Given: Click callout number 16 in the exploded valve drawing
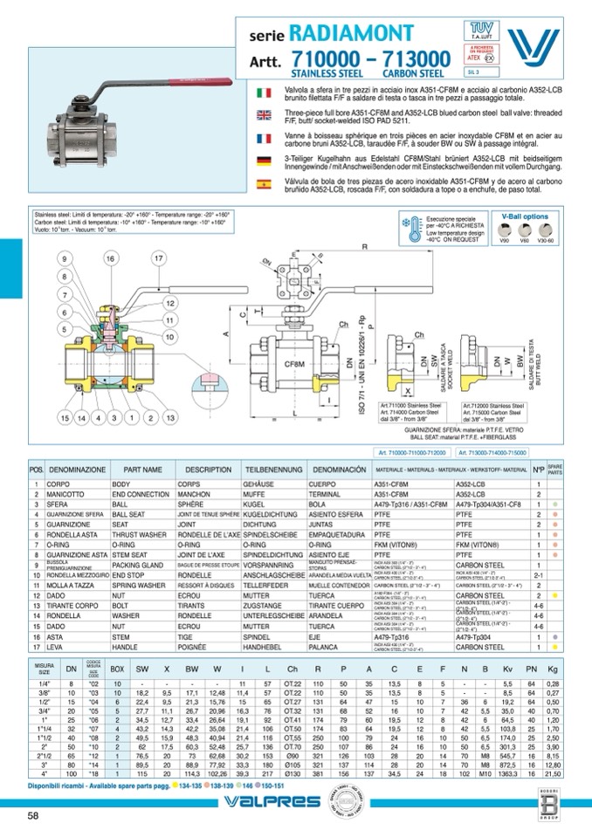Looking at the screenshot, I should point(110,258).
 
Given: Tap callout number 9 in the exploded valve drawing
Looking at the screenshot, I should point(64,259).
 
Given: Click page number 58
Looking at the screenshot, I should point(33,815).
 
